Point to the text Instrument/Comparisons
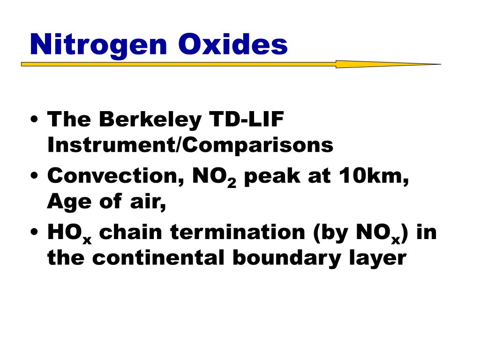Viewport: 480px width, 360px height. (x=190, y=145)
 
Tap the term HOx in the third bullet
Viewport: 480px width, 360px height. (x=69, y=233)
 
